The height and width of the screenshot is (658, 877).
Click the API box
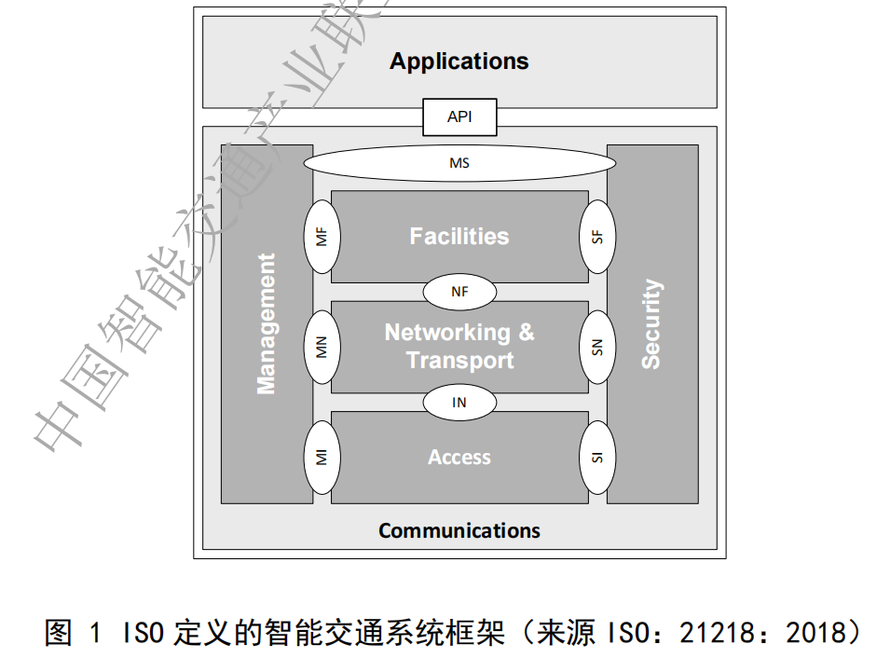(459, 117)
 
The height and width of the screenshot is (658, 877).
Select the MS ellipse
(459, 164)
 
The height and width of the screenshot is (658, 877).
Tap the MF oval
(322, 237)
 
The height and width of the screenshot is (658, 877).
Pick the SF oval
(597, 237)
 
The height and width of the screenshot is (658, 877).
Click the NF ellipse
(459, 292)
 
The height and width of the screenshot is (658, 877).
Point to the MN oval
(322, 347)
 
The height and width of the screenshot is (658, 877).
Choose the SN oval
(597, 347)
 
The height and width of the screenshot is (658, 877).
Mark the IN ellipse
(459, 403)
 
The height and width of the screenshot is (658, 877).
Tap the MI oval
(322, 457)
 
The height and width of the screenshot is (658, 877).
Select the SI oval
(597, 457)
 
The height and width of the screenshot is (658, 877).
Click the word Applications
(459, 62)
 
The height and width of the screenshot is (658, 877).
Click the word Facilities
(459, 237)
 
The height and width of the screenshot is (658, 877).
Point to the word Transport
(459, 360)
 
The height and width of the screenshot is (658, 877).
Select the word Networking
(447, 333)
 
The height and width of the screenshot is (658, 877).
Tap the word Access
(459, 458)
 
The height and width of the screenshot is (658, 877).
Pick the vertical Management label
(267, 323)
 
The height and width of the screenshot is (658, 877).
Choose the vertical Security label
(651, 323)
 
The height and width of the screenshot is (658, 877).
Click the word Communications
(459, 531)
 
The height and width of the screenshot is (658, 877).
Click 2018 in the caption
(814, 635)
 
